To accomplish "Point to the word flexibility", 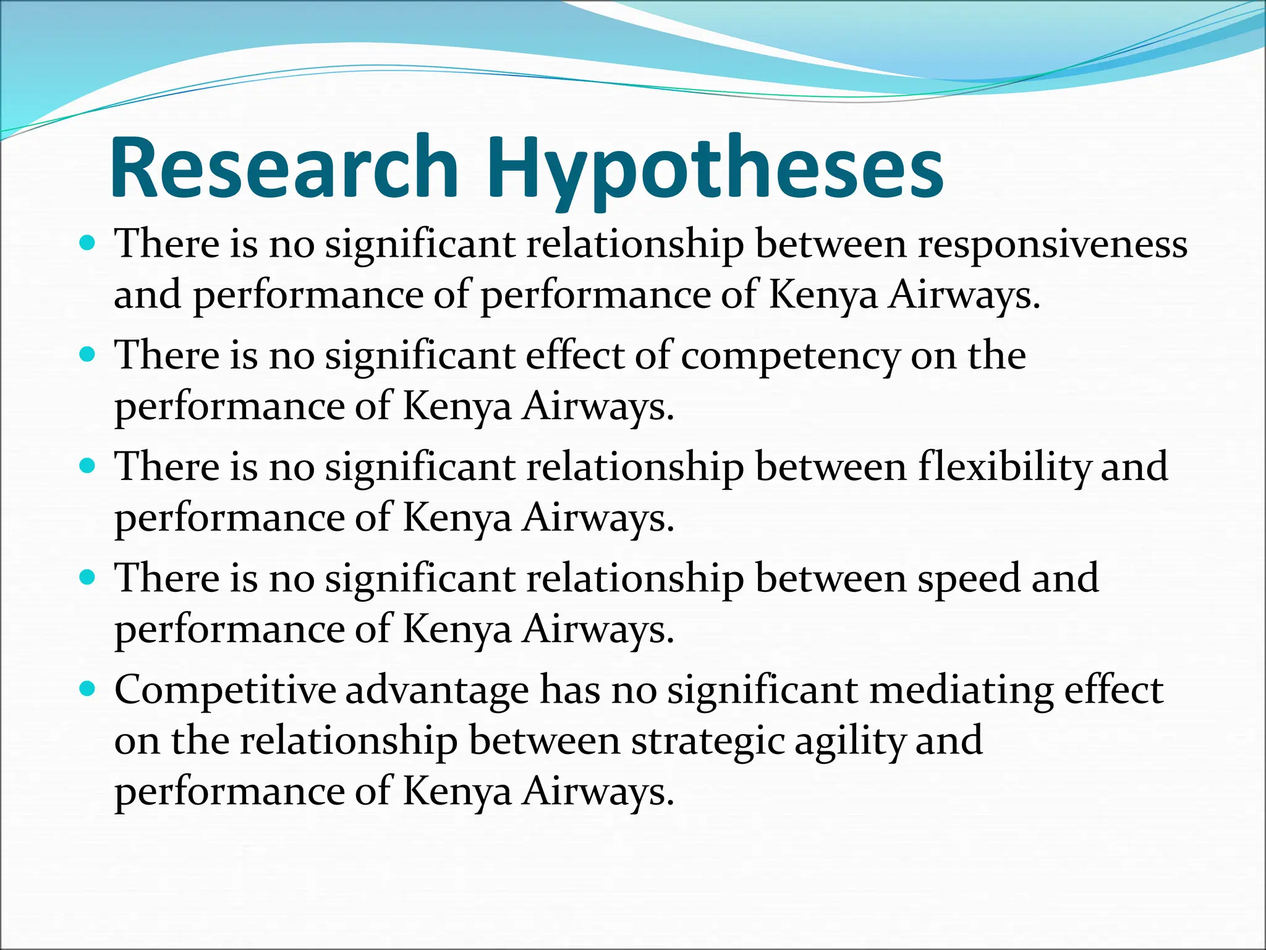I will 1005,467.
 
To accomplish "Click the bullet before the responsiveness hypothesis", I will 88,243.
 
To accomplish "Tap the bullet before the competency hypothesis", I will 88,355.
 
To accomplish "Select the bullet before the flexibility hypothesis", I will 88,466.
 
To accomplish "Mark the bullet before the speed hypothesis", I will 88,578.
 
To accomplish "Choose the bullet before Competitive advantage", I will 88,688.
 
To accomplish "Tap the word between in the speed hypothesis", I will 831,579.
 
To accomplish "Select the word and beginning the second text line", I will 147,295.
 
